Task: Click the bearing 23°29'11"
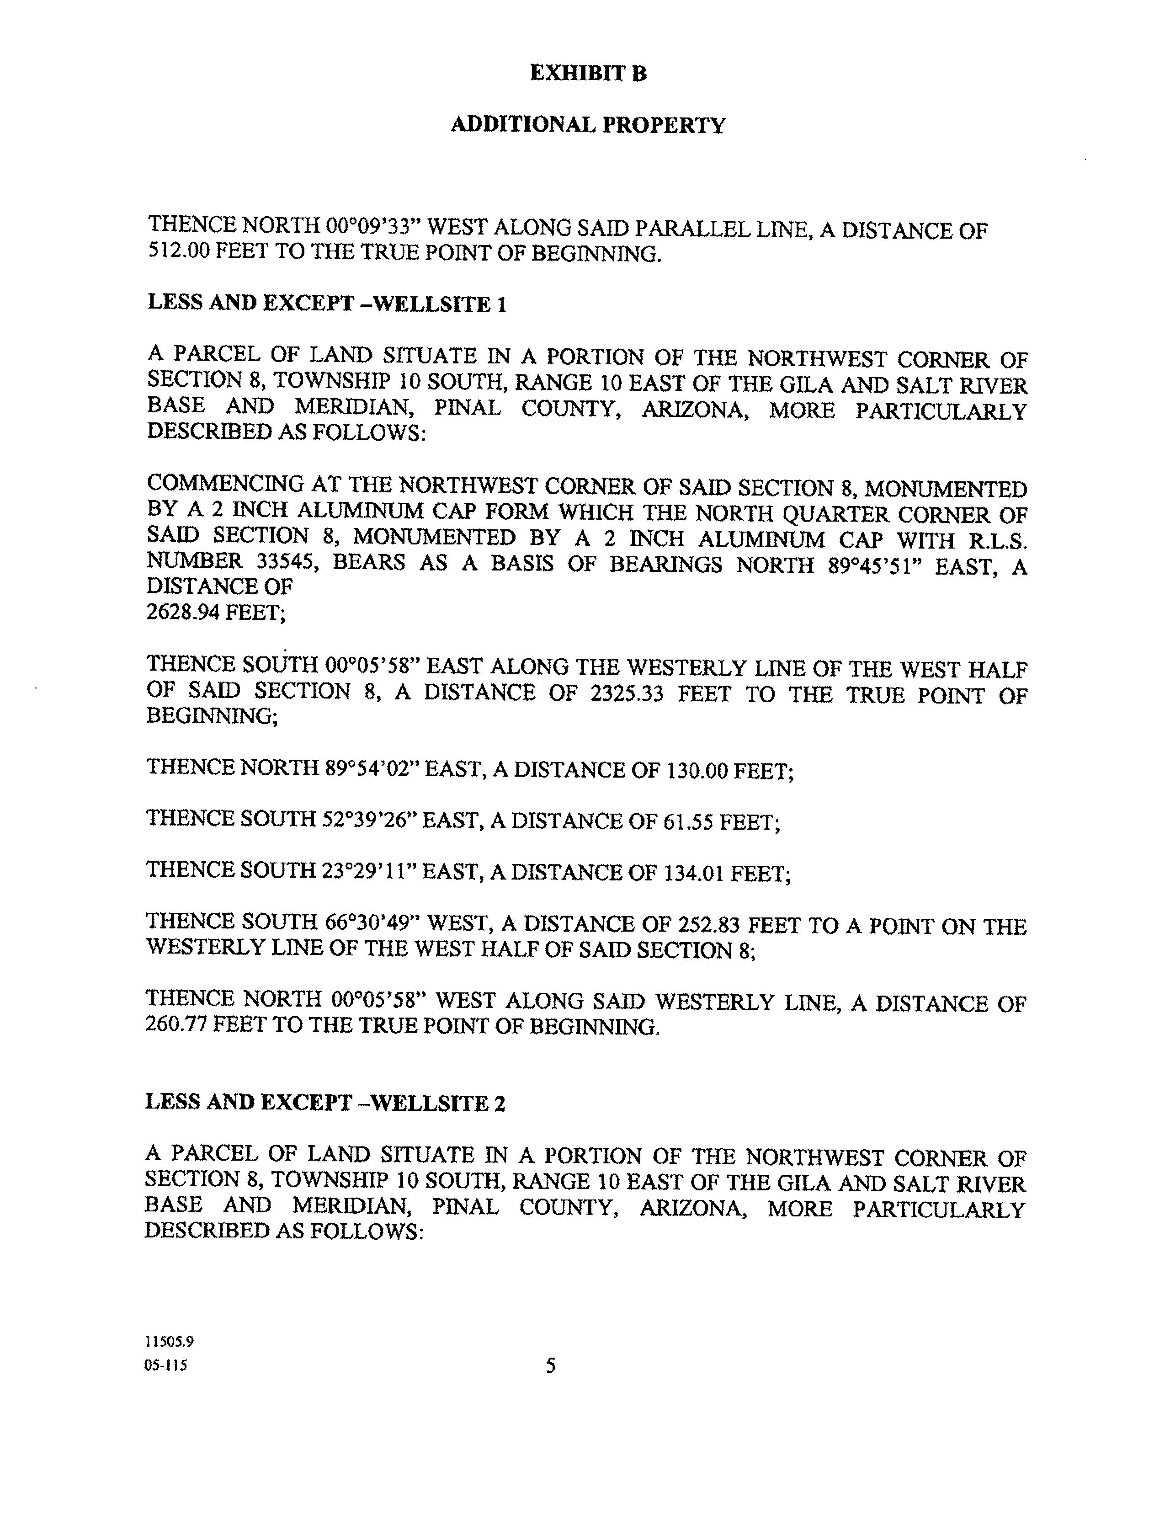(369, 871)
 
